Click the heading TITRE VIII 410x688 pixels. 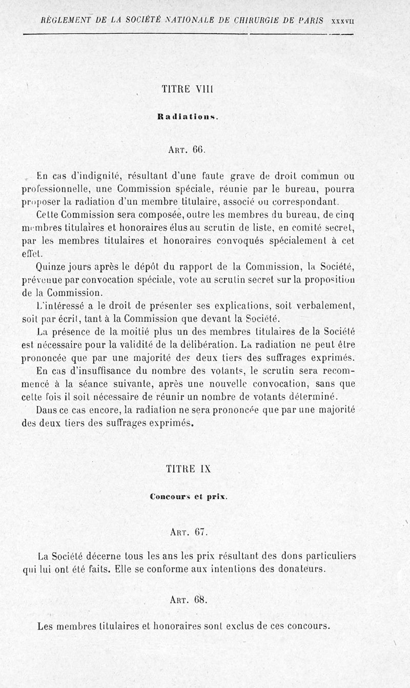click(187, 89)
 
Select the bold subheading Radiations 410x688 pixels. click(188, 116)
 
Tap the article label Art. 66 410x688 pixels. click(187, 150)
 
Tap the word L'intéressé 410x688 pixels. click(58, 306)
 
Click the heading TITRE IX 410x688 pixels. click(189, 468)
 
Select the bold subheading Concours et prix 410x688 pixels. click(189, 497)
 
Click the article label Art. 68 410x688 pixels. click(188, 599)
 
